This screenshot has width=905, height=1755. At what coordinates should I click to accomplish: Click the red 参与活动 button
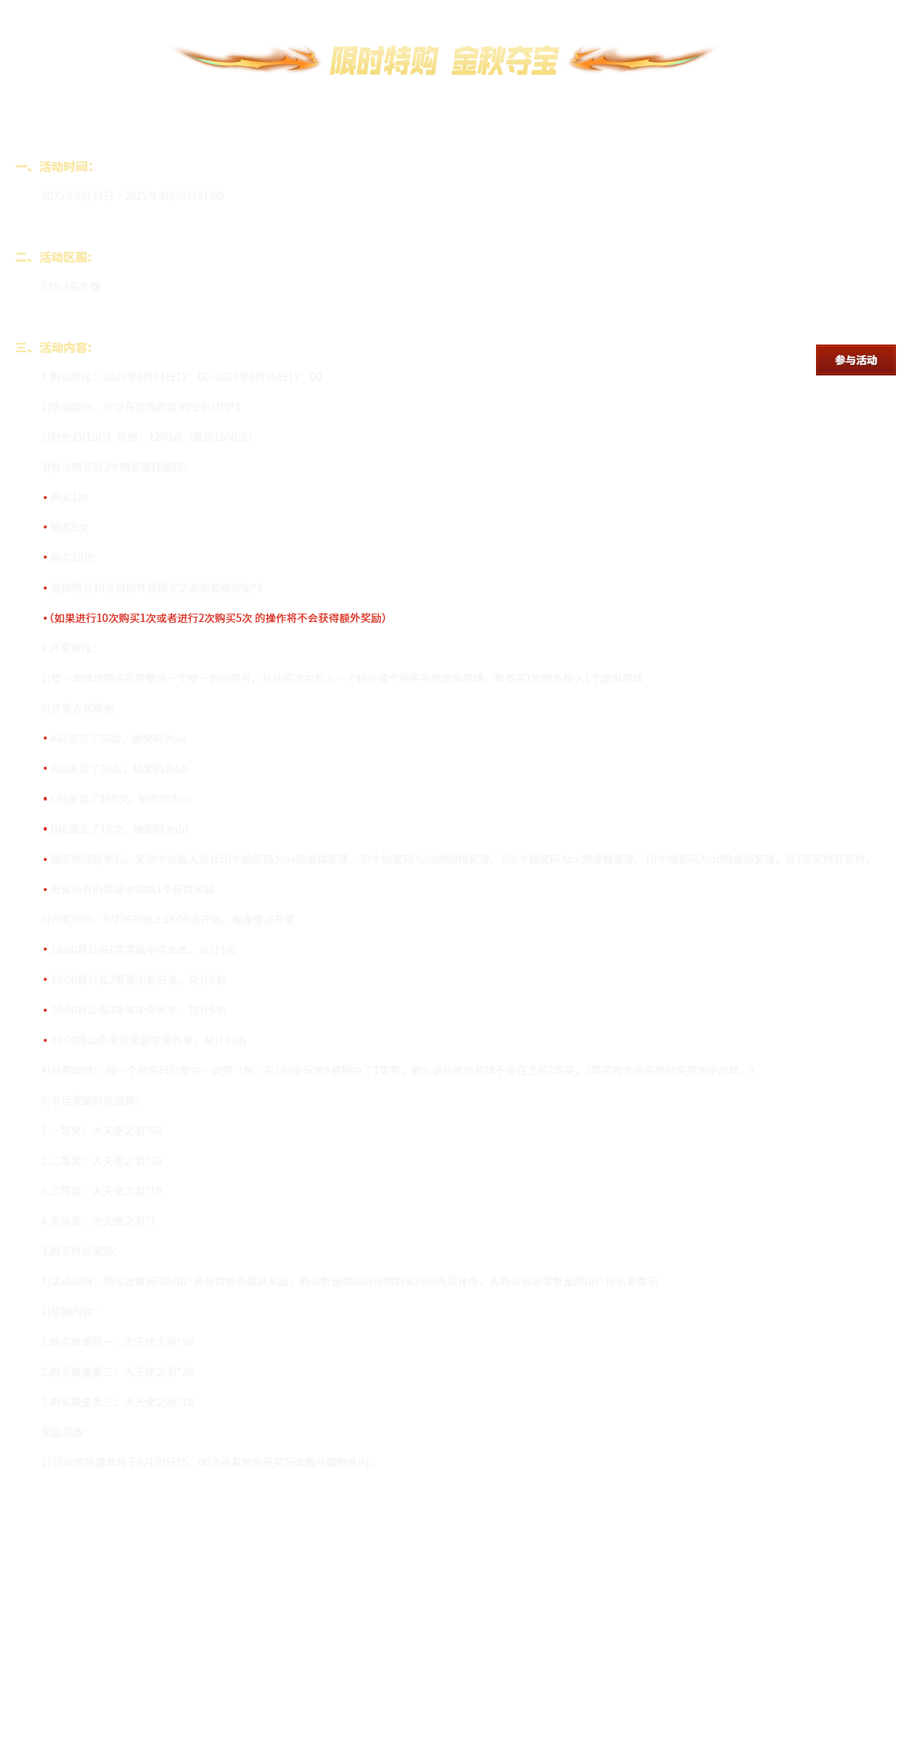pyautogui.click(x=854, y=360)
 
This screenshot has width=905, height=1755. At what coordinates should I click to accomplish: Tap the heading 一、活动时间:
pyautogui.click(x=54, y=167)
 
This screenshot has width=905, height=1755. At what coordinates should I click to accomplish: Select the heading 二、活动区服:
pyautogui.click(x=54, y=257)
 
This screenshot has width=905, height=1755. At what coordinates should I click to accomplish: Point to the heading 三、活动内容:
pyautogui.click(x=54, y=348)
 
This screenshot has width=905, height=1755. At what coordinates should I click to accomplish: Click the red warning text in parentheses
pyautogui.click(x=218, y=618)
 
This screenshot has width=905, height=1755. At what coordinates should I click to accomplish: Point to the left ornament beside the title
pyautogui.click(x=246, y=59)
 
